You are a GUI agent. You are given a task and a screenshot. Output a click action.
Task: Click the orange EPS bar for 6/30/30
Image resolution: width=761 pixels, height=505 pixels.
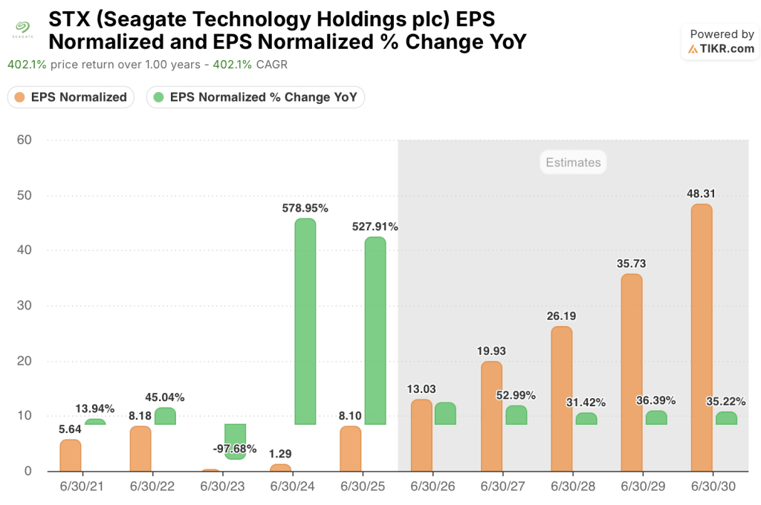click(702, 338)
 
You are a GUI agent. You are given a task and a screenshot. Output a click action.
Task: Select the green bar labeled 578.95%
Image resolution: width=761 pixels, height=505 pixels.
click(305, 322)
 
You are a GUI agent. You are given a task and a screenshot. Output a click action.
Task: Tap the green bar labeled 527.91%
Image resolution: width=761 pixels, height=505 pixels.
click(375, 331)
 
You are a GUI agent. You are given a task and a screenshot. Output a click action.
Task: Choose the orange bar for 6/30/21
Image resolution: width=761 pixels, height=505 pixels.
click(71, 455)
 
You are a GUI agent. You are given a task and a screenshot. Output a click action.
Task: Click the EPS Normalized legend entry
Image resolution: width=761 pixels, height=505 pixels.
click(71, 97)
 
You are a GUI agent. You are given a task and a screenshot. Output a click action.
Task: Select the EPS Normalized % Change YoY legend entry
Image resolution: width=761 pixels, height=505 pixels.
click(255, 97)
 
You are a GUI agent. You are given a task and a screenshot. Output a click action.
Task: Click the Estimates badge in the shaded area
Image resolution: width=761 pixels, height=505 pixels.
click(573, 163)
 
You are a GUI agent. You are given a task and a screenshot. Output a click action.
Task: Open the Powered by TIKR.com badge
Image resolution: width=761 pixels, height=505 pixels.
click(721, 42)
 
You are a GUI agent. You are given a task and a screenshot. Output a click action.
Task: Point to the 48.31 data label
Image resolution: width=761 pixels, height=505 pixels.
click(702, 194)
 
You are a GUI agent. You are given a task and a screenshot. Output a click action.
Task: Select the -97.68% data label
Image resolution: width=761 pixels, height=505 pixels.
click(234, 449)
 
